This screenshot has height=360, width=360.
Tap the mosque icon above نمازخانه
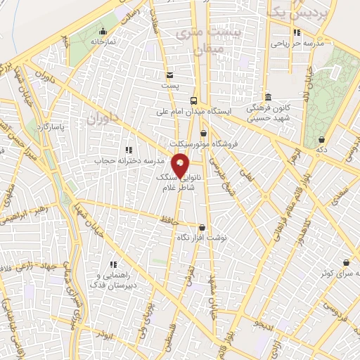(x=103, y=31)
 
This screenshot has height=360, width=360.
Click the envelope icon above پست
(x=169, y=75)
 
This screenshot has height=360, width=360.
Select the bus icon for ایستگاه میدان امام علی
(x=203, y=101)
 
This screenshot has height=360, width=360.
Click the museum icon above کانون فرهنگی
(x=267, y=97)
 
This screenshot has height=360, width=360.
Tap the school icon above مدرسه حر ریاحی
(x=297, y=32)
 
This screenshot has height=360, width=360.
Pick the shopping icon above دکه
(x=321, y=139)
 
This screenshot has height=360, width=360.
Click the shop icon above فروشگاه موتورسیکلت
(x=203, y=133)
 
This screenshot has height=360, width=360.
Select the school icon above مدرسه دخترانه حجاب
(x=127, y=150)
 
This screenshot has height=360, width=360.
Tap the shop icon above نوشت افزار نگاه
(x=202, y=227)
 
